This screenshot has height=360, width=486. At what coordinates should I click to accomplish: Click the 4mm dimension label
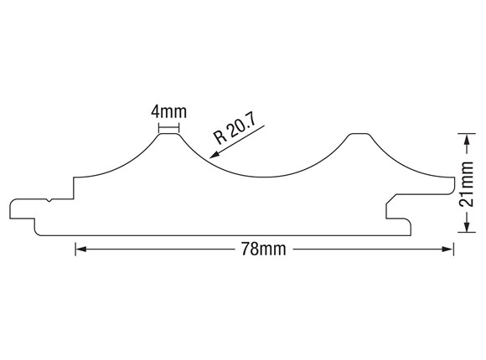point(169,112)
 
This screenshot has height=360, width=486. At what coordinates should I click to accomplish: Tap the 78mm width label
point(264,249)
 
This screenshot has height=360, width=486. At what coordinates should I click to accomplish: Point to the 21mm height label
point(467,184)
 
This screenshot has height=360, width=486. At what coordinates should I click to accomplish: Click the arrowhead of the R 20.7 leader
point(215,154)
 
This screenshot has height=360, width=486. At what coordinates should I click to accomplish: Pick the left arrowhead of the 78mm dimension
point(81,249)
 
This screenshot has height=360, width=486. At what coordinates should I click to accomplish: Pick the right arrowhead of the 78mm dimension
point(447,249)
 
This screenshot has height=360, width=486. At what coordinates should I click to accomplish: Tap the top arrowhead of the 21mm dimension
point(467,139)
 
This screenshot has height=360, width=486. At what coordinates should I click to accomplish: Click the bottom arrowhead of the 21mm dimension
point(467,226)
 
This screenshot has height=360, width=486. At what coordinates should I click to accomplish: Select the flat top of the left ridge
point(169,134)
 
